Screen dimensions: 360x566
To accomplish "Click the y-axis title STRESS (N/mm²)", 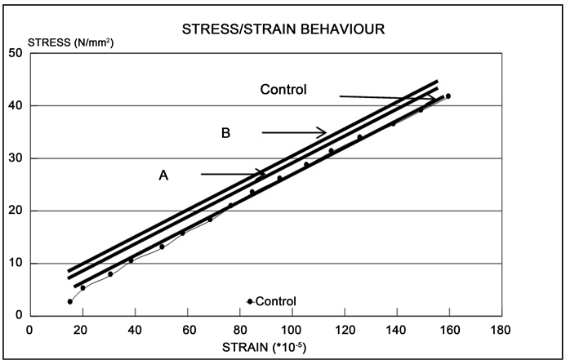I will coord(71,42).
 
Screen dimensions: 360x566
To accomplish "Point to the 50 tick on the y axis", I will coord(15,53).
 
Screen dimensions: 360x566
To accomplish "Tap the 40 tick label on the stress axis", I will coord(15,106).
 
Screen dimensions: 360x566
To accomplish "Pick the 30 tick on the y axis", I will coord(15,158).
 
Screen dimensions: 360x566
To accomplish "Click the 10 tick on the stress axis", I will coord(15,264).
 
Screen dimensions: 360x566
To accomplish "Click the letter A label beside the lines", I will coord(163,174).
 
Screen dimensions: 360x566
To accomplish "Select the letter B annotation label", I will coord(225,132).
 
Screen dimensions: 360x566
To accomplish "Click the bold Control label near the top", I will coord(283,90).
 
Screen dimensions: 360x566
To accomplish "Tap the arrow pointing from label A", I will coord(233,174).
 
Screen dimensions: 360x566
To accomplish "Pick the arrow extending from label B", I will coord(294,132).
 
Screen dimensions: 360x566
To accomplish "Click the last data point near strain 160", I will coord(448,96).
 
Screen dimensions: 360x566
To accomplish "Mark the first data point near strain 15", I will coord(70,301).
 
